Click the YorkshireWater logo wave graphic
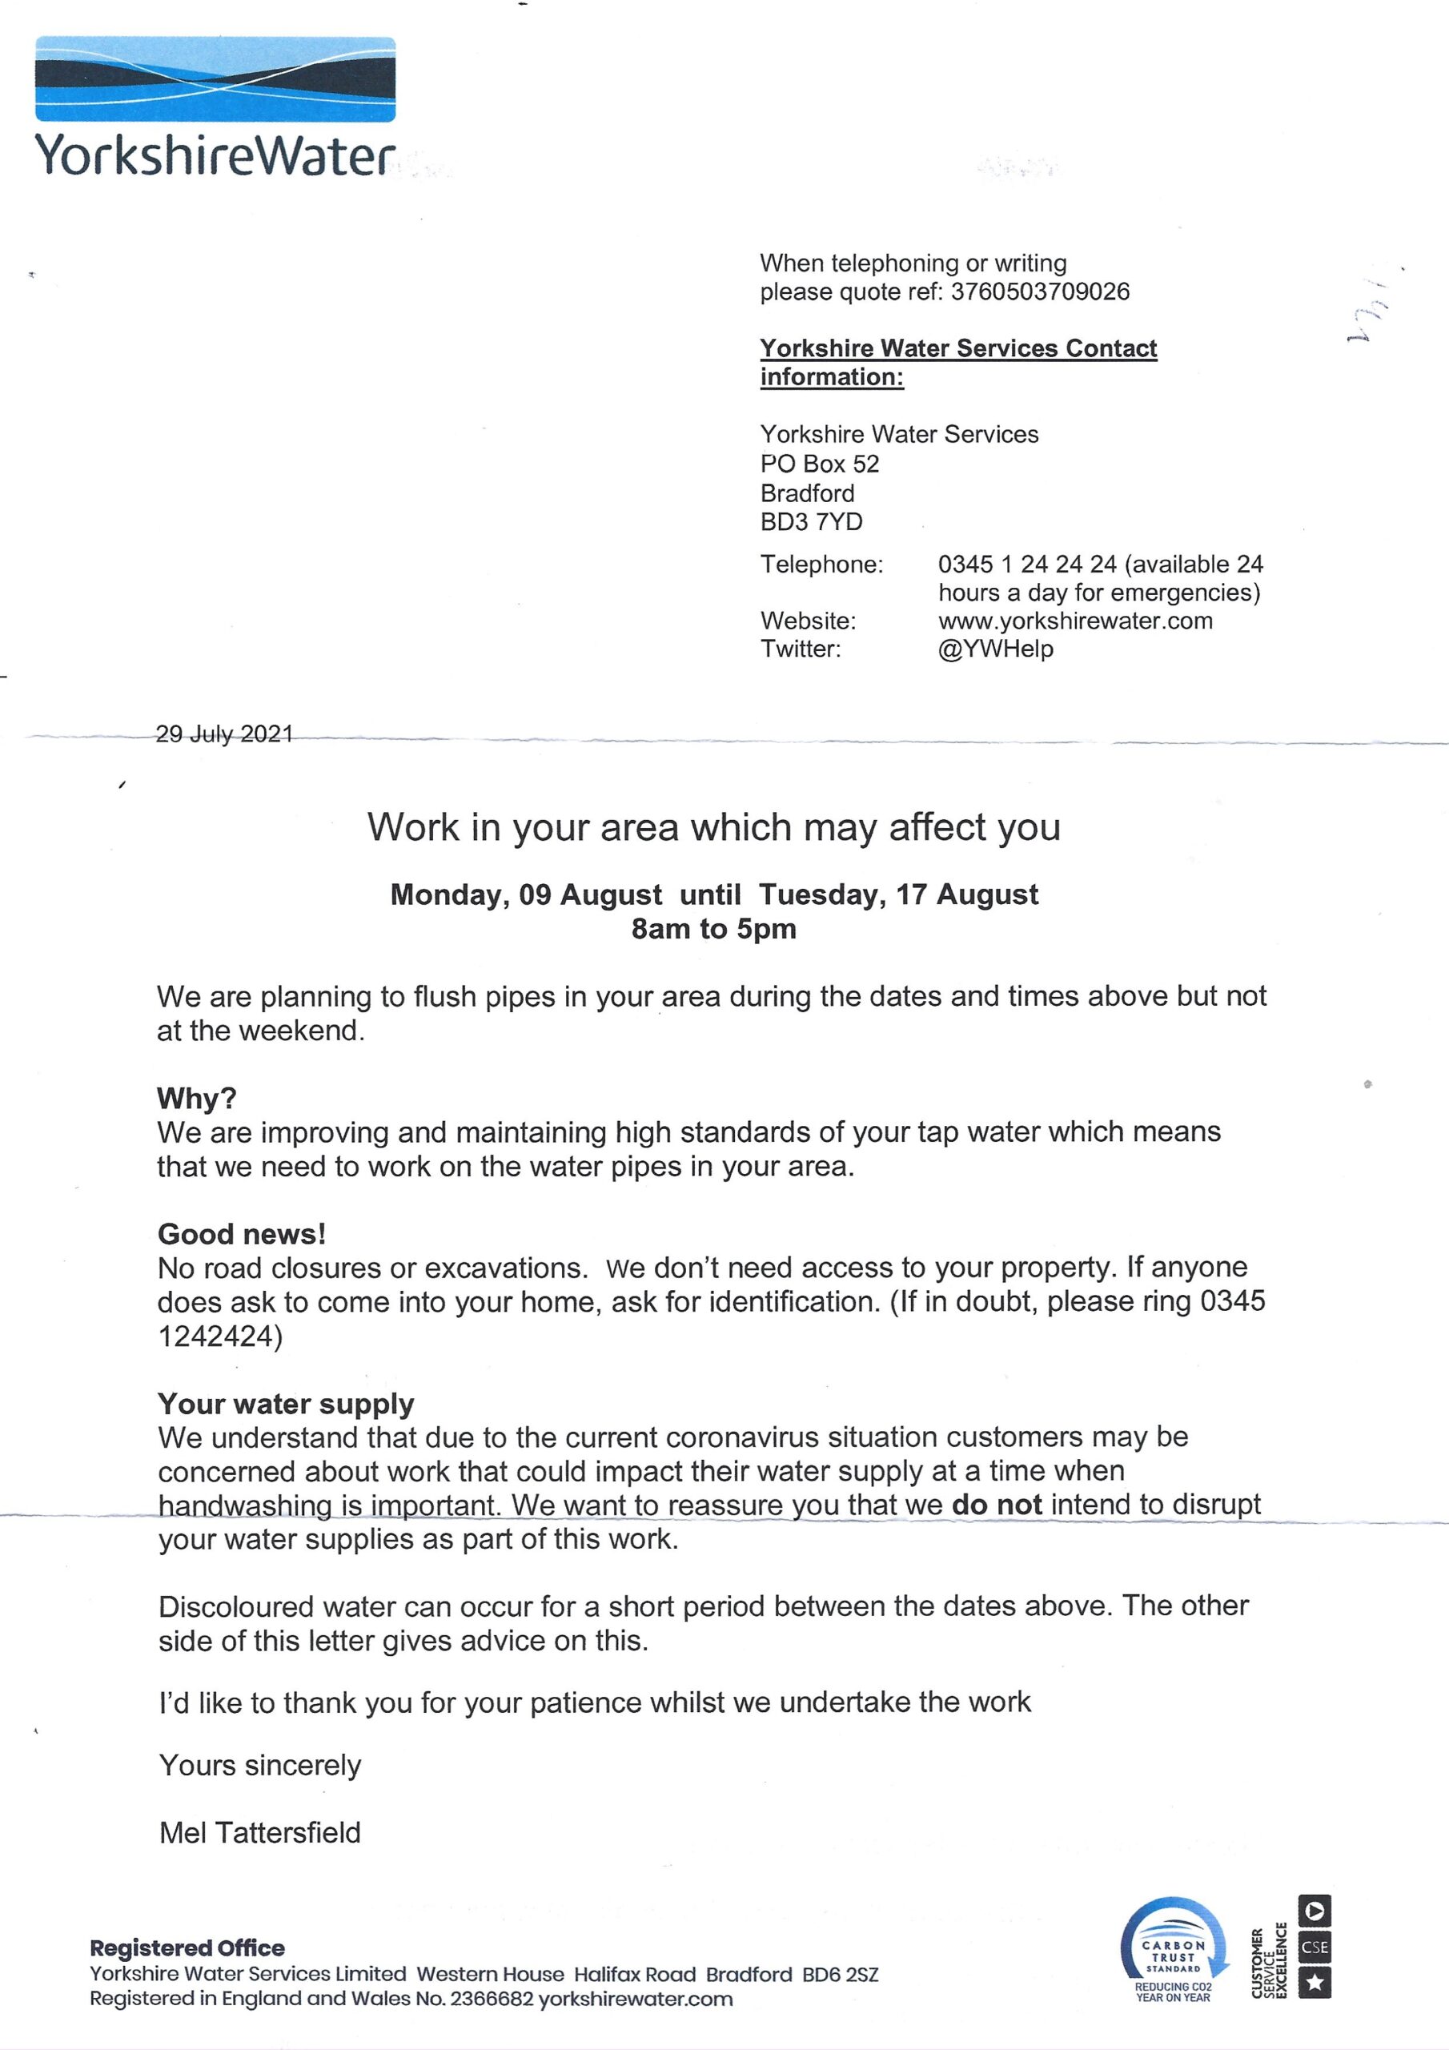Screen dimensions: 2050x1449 pyautogui.click(x=215, y=78)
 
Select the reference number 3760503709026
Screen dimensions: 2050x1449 pyautogui.click(x=1040, y=292)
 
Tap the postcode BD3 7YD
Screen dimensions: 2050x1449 pyautogui.click(x=811, y=522)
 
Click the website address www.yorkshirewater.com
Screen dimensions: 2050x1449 pyautogui.click(x=1075, y=621)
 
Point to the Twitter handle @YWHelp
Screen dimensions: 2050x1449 pyautogui.click(x=995, y=649)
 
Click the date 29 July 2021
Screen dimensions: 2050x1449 pyautogui.click(x=224, y=734)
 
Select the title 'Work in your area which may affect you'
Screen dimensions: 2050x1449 pyautogui.click(x=713, y=828)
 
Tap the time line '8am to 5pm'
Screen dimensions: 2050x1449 pyautogui.click(x=713, y=929)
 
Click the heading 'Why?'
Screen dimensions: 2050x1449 pyautogui.click(x=196, y=1097)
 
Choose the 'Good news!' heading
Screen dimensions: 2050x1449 pyautogui.click(x=241, y=1233)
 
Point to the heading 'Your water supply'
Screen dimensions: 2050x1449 pyautogui.click(x=286, y=1404)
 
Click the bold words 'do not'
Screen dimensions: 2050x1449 pyautogui.click(x=997, y=1505)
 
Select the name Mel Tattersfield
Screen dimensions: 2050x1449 pyautogui.click(x=260, y=1832)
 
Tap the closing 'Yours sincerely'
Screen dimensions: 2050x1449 pyautogui.click(x=260, y=1765)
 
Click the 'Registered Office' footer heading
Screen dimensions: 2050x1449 pyautogui.click(x=187, y=1947)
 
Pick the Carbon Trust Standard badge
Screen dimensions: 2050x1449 pyautogui.click(x=1173, y=1952)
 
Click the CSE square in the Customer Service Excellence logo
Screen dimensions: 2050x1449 pyautogui.click(x=1315, y=1947)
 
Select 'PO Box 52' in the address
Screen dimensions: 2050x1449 pyautogui.click(x=820, y=464)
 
